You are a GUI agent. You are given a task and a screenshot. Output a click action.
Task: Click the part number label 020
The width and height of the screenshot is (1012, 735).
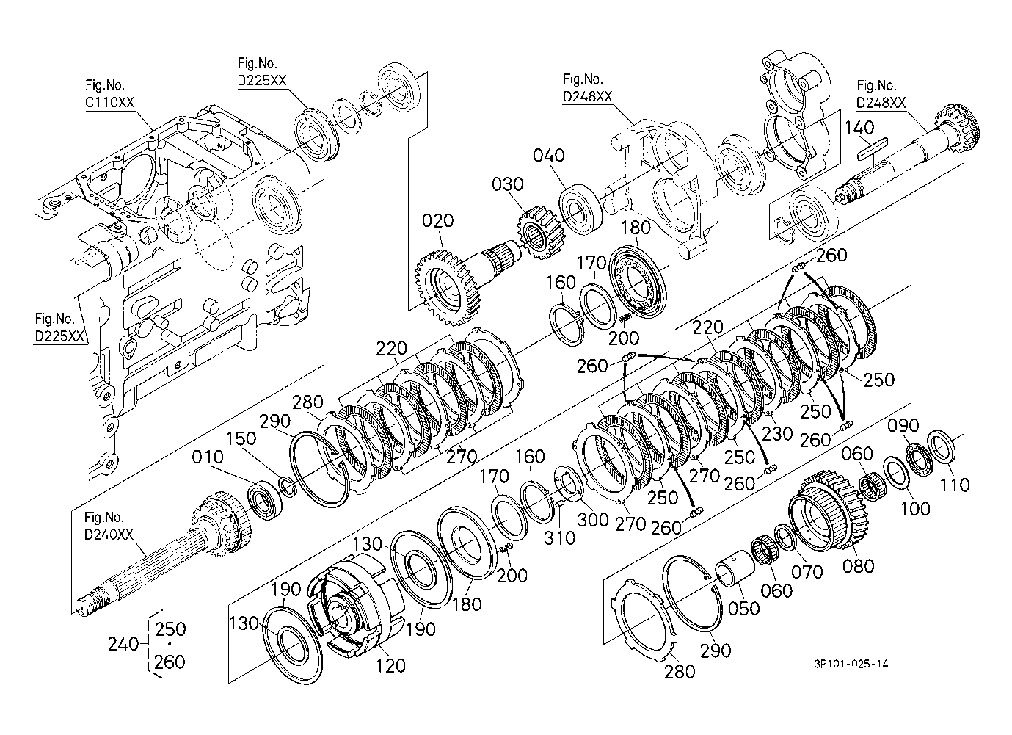pyautogui.click(x=437, y=220)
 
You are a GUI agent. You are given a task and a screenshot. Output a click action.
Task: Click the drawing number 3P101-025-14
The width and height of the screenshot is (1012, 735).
pyautogui.click(x=851, y=664)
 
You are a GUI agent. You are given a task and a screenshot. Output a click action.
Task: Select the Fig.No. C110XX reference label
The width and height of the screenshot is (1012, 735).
pyautogui.click(x=110, y=93)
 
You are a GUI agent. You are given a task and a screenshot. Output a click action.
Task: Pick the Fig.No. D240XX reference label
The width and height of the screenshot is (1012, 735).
pyautogui.click(x=109, y=526)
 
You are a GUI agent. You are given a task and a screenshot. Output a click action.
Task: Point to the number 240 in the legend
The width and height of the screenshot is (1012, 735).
pyautogui.click(x=123, y=644)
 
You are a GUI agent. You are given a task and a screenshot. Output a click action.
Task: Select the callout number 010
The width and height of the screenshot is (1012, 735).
pyautogui.click(x=208, y=457)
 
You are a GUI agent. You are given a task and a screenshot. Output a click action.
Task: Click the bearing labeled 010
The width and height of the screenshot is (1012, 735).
pyautogui.click(x=266, y=499)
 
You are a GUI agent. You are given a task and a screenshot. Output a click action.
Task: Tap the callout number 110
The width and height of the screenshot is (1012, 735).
pyautogui.click(x=955, y=485)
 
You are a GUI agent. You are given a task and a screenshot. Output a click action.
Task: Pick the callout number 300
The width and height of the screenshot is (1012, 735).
pyautogui.click(x=593, y=520)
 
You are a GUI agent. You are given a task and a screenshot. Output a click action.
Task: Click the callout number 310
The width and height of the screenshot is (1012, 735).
pyautogui.click(x=559, y=538)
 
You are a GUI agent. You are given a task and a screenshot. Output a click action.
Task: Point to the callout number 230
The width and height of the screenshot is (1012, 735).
pyautogui.click(x=777, y=433)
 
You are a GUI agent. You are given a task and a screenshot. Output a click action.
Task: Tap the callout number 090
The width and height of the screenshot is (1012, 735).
pyautogui.click(x=903, y=425)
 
